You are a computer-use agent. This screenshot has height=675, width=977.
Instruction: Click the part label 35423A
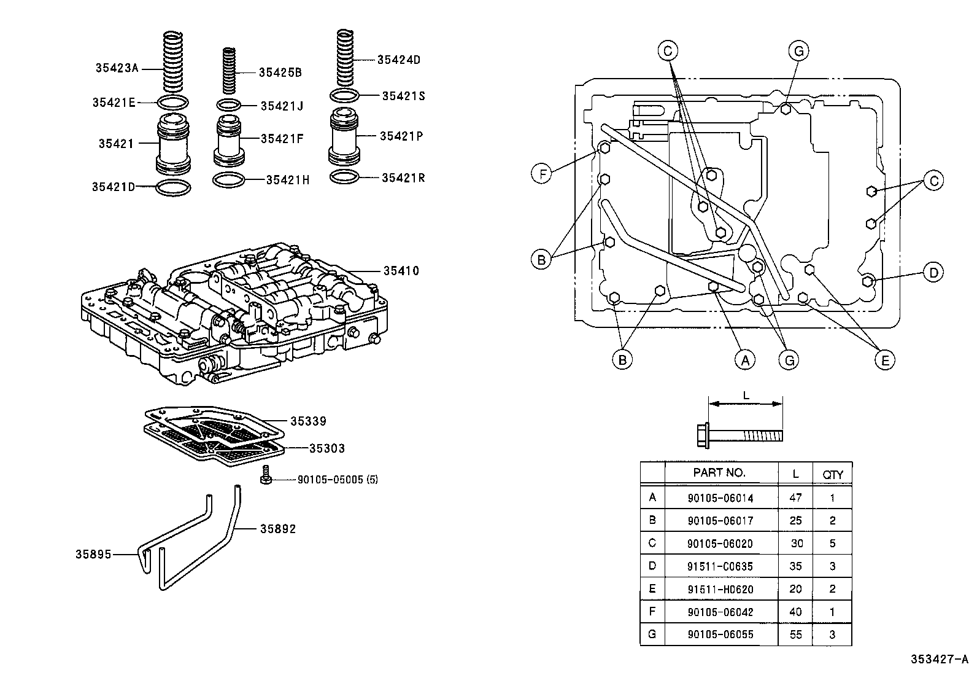(117, 68)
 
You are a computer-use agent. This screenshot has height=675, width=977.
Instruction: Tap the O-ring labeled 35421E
(174, 102)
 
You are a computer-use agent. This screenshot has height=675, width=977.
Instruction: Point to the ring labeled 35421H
(228, 180)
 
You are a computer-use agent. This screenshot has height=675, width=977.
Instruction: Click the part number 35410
(401, 270)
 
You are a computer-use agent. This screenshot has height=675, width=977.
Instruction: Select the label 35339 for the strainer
(308, 421)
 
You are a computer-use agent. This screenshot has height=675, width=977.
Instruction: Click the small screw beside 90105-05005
(266, 477)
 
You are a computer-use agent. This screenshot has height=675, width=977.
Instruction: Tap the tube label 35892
(278, 528)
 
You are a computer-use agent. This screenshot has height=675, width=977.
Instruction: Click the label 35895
(93, 554)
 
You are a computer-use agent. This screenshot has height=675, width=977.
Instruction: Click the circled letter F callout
(541, 174)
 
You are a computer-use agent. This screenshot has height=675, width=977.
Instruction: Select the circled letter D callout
(933, 273)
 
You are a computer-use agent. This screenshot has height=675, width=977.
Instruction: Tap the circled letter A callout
(745, 360)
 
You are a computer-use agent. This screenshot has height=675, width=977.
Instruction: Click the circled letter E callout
(884, 360)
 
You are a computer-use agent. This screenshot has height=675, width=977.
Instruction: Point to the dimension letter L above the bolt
(746, 396)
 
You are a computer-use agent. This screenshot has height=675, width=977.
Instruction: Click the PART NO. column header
(719, 472)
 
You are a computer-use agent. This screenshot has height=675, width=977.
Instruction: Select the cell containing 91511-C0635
(720, 566)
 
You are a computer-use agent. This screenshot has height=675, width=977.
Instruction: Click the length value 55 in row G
(795, 634)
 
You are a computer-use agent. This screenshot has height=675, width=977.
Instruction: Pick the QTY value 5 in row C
(832, 543)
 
